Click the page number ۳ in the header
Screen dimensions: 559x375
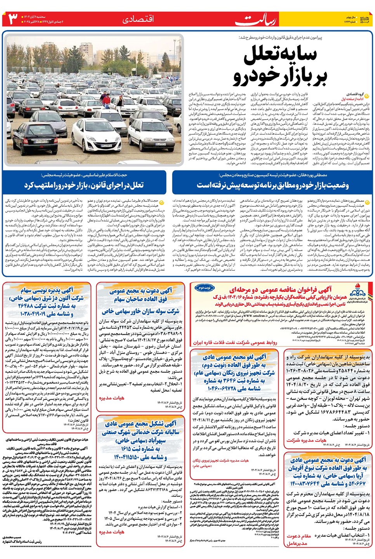tap(13, 18)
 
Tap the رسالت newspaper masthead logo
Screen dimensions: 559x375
tap(256, 19)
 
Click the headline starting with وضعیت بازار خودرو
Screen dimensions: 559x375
tap(272, 185)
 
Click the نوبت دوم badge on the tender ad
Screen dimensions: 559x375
tap(205, 288)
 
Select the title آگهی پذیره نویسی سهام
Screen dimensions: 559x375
tap(47, 290)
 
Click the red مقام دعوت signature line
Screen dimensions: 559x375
tap(299, 536)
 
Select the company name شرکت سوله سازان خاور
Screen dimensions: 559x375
tap(140, 311)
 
